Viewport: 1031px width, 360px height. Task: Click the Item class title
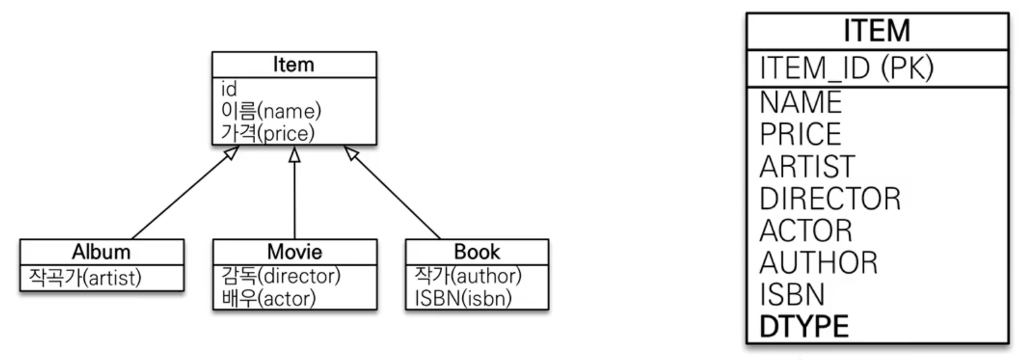pyautogui.click(x=294, y=65)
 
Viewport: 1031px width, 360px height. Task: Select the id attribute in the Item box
pyautogui.click(x=229, y=89)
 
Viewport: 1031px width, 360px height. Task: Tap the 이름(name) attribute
pyautogui.click(x=271, y=111)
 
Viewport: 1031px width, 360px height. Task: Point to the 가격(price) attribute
pyautogui.click(x=267, y=133)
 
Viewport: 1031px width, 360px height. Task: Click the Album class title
pyautogui.click(x=101, y=251)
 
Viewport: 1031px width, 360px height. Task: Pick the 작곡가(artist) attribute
pyautogui.click(x=85, y=278)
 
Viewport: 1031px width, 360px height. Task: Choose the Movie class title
pyautogui.click(x=294, y=251)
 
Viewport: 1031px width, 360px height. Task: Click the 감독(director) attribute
pyautogui.click(x=281, y=276)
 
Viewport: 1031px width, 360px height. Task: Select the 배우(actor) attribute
pyautogui.click(x=268, y=298)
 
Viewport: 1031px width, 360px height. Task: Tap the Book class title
pyautogui.click(x=477, y=251)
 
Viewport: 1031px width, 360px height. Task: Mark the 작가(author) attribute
pyautogui.click(x=468, y=276)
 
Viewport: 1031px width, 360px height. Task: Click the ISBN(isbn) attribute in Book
pyautogui.click(x=463, y=298)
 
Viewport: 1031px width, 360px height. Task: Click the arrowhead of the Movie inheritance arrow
pyautogui.click(x=294, y=154)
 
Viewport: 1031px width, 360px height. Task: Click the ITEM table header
pyautogui.click(x=877, y=31)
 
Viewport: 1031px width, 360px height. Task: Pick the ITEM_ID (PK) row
pyautogui.click(x=846, y=68)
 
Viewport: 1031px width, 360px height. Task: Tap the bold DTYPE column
pyautogui.click(x=803, y=327)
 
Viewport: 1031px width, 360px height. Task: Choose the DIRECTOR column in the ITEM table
pyautogui.click(x=830, y=199)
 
